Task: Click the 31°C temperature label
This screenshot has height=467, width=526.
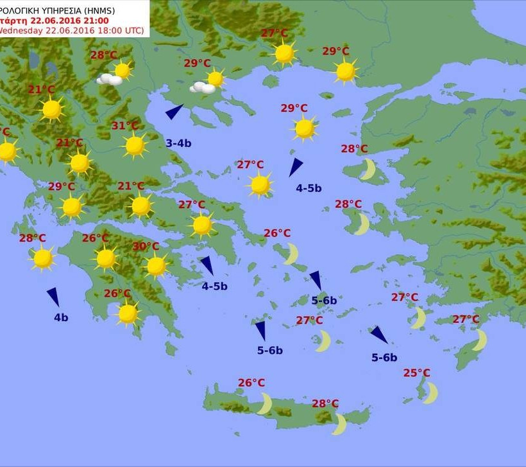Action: point(125,126)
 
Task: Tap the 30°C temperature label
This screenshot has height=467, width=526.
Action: point(146,246)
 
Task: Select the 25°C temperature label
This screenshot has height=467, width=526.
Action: point(417,373)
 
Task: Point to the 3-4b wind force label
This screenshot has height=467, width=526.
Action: point(178,143)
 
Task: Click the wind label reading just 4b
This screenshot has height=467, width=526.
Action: point(61,317)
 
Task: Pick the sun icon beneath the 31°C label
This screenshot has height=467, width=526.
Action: point(135,146)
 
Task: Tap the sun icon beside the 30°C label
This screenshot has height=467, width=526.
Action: point(156,265)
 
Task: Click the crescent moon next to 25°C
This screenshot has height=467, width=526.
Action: point(430,392)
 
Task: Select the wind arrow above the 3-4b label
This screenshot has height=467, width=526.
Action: point(174,112)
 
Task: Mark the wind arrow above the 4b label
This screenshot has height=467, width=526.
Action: point(53,297)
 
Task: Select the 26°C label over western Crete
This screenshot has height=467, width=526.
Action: point(251,383)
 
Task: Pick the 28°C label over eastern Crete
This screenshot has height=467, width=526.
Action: point(325,403)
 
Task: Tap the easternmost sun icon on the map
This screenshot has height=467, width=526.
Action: point(346,71)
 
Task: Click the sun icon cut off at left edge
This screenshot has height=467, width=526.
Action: point(6,152)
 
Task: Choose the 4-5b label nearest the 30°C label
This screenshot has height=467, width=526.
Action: point(214,286)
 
